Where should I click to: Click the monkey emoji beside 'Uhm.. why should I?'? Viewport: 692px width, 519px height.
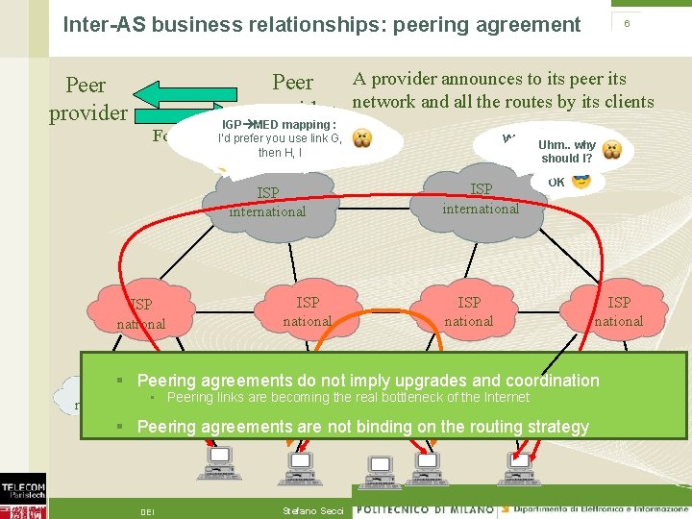click(x=612, y=149)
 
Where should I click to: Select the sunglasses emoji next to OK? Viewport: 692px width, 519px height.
click(x=581, y=182)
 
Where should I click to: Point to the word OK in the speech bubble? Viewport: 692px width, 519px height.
click(x=556, y=182)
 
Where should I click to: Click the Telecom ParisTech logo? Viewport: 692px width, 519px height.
click(x=22, y=494)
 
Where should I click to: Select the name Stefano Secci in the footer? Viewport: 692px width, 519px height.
click(x=312, y=510)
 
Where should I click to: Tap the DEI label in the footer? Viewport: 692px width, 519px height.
click(x=149, y=510)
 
